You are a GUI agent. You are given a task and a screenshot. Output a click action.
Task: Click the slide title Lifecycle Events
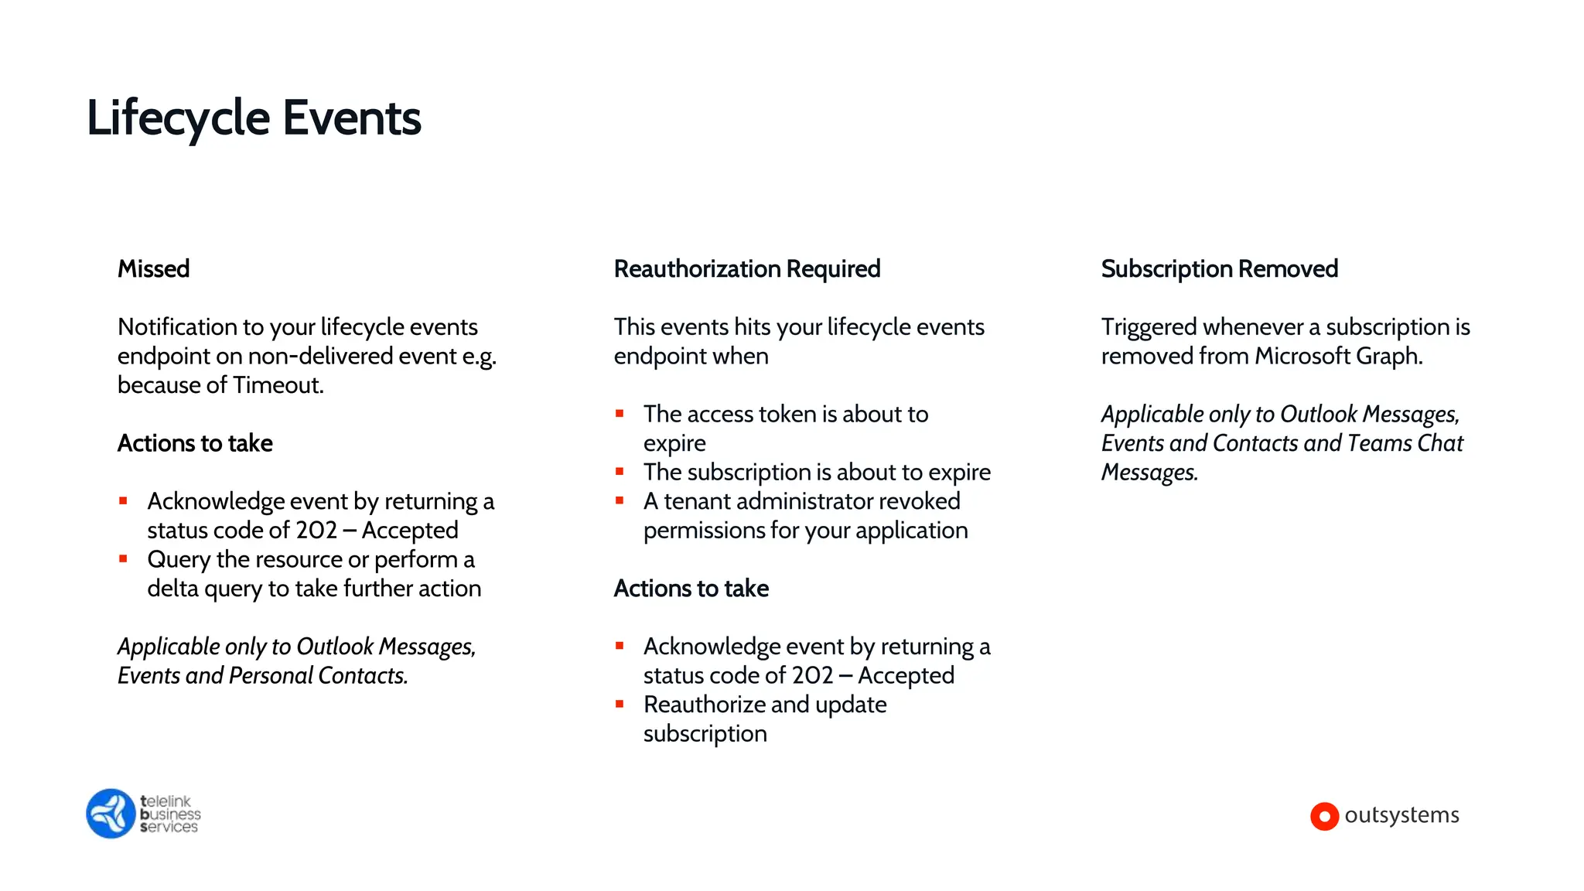tap(254, 118)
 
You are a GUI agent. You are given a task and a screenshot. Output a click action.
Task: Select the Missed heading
tap(153, 268)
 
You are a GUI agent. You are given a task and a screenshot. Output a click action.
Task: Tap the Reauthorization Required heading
tap(746, 268)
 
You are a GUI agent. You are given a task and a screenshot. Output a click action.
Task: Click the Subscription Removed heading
tap(1219, 268)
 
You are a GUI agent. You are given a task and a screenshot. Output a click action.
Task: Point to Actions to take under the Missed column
tap(195, 443)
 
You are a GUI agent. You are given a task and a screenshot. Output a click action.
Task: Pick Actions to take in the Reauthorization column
tap(691, 589)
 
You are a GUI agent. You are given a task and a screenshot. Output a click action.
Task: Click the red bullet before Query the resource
tap(123, 558)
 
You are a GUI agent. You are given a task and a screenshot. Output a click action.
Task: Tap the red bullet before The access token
tap(620, 414)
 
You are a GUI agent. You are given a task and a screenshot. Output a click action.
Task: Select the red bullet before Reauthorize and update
tap(620, 704)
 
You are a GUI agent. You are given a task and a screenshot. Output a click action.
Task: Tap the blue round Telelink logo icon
tap(111, 814)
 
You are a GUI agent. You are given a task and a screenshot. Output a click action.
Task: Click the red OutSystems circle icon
tap(1324, 816)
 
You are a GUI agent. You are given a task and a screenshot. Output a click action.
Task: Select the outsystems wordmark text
tap(1401, 815)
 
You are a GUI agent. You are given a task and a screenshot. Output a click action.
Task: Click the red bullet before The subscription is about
tap(620, 471)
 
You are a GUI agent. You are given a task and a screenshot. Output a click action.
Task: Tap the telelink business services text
tap(170, 814)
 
